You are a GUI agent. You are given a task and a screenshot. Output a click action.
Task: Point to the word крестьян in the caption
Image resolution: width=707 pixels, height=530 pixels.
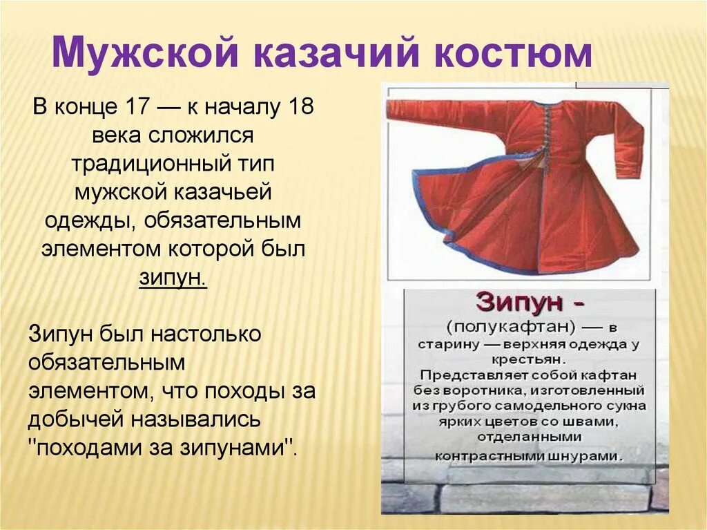[530, 359]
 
